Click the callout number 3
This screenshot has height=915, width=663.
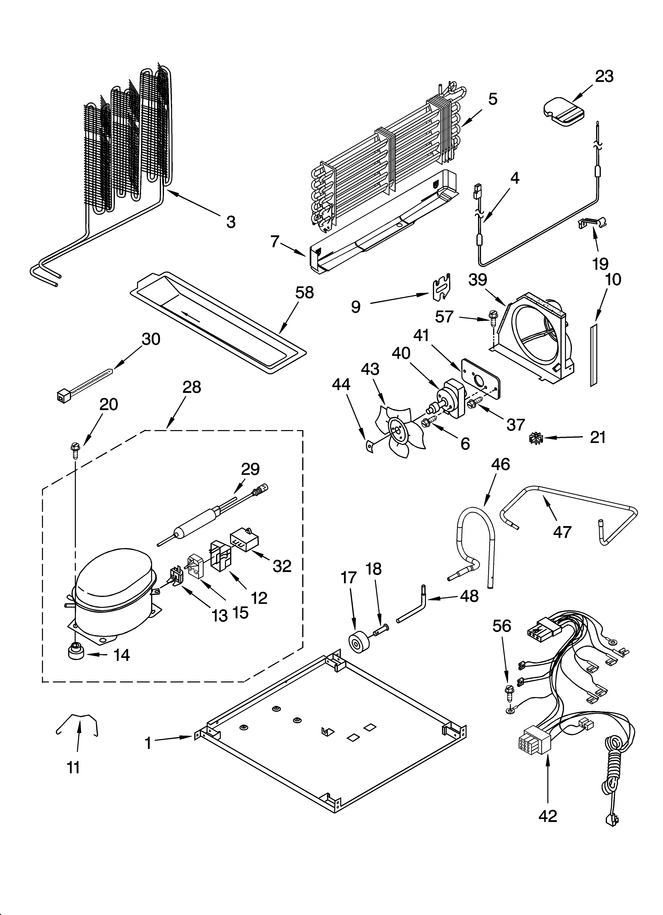click(x=231, y=221)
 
